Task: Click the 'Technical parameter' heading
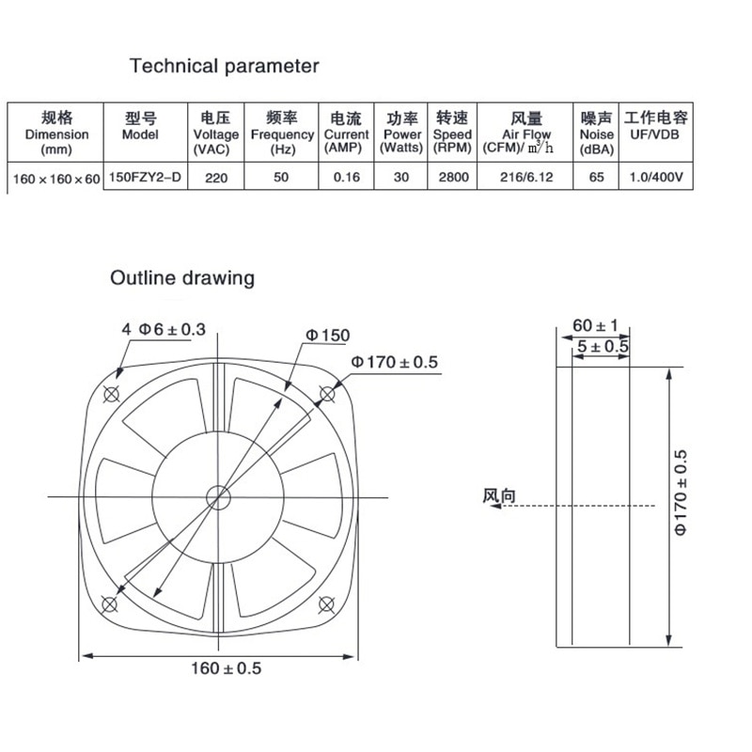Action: [224, 66]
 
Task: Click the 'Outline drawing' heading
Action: [182, 278]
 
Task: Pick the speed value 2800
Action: [453, 176]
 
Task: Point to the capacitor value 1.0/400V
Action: [656, 176]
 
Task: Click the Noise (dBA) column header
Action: [597, 133]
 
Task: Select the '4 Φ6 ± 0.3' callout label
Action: [163, 329]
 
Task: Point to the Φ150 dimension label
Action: [326, 337]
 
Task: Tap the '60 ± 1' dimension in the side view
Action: [594, 325]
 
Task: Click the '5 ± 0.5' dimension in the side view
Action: [602, 346]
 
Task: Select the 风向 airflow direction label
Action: [499, 496]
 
